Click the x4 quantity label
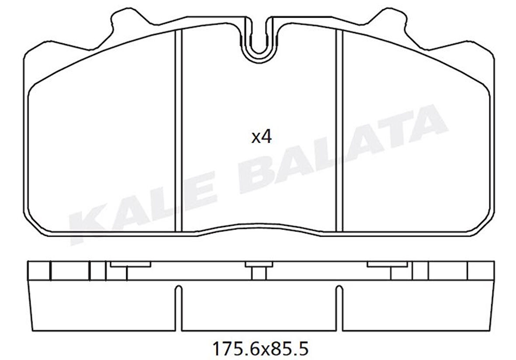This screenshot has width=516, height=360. [261, 137]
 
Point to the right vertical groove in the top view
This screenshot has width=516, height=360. [338, 131]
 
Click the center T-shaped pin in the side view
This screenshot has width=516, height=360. [258, 269]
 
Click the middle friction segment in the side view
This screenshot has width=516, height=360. [258, 306]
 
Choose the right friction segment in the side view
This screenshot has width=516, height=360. [413, 306]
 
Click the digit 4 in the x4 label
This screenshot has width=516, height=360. [267, 137]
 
